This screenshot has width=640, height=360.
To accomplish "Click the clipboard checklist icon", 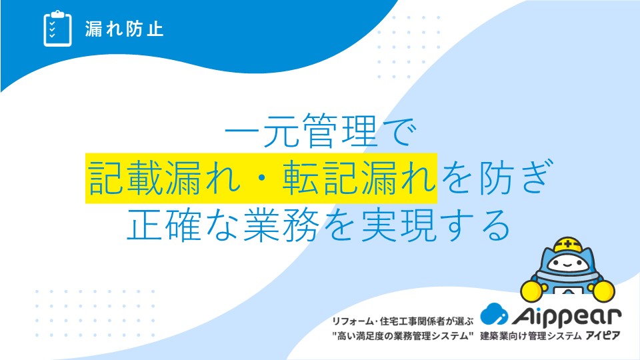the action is (57, 29).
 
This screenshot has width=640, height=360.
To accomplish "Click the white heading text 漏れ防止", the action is (125, 29).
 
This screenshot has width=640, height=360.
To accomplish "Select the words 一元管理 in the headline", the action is (300, 130).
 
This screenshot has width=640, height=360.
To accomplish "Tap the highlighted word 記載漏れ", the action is (165, 177).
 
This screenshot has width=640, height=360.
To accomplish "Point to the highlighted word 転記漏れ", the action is (359, 177).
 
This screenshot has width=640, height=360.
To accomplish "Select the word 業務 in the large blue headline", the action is (281, 225).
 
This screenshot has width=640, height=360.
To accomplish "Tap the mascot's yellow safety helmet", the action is (568, 245).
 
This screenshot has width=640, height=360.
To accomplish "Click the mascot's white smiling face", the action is (567, 264).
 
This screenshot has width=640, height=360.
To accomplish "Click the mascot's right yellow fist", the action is (603, 291).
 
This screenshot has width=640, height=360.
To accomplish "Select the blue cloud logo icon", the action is (494, 314).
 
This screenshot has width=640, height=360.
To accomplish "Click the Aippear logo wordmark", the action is (567, 316).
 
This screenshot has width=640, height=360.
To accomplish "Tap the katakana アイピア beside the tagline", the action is (603, 336).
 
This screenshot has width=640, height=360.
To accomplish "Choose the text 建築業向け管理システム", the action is (531, 336).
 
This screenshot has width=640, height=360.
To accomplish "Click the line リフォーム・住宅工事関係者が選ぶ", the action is (403, 321).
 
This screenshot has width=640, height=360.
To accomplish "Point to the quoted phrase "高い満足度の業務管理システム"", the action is (403, 336).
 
